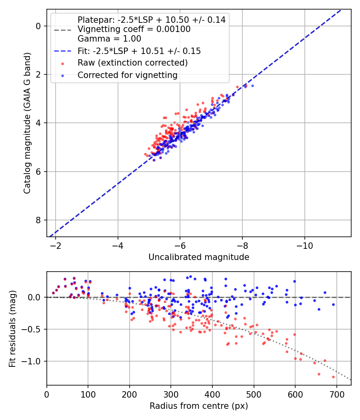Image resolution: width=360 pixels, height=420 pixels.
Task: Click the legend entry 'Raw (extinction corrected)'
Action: click(132, 63)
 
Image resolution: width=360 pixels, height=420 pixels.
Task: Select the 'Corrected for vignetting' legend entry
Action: click(127, 75)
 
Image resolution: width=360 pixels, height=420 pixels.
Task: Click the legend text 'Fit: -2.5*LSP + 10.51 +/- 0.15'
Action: click(139, 51)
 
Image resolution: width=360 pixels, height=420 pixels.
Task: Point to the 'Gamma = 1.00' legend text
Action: click(109, 39)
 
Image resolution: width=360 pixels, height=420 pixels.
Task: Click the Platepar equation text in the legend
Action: click(151, 20)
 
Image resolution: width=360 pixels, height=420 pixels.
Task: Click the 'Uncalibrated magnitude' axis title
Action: click(199, 257)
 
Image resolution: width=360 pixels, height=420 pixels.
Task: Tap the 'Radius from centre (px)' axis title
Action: click(199, 406)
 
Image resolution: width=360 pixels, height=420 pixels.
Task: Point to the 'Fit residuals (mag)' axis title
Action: click(12, 328)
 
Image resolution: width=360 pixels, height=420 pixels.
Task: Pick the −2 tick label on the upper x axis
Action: click(56, 245)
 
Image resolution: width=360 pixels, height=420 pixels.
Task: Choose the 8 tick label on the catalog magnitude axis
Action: click(38, 220)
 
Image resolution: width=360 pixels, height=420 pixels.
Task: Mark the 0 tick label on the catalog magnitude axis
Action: click(38, 26)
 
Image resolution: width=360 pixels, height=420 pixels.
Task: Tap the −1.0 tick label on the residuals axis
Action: click(33, 361)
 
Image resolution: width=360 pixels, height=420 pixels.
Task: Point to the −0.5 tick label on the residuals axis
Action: click(33, 329)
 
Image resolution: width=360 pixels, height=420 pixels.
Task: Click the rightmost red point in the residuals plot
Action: click(333, 377)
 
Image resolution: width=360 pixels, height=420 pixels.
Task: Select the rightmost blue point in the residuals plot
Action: click(333, 304)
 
